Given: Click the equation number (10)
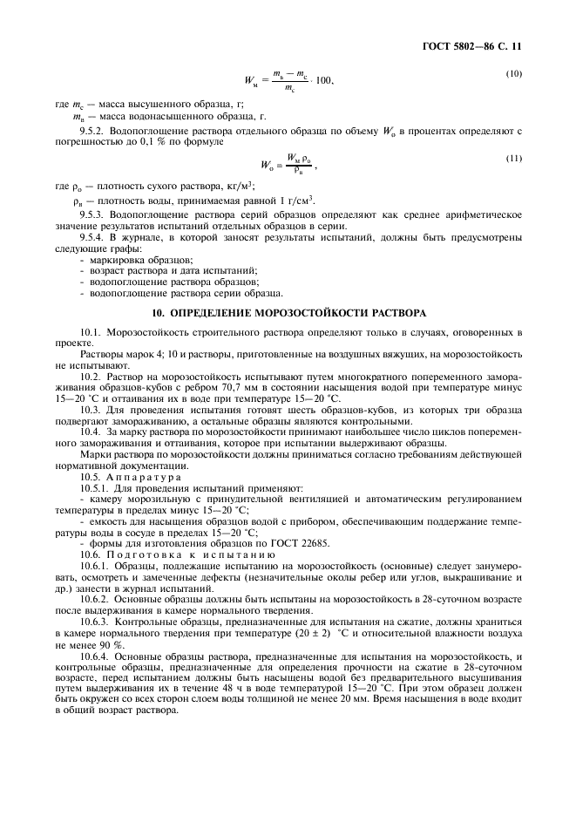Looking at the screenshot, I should click(513, 73).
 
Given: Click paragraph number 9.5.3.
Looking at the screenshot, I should click(92, 214).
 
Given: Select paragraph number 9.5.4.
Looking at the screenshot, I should click(92, 238).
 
